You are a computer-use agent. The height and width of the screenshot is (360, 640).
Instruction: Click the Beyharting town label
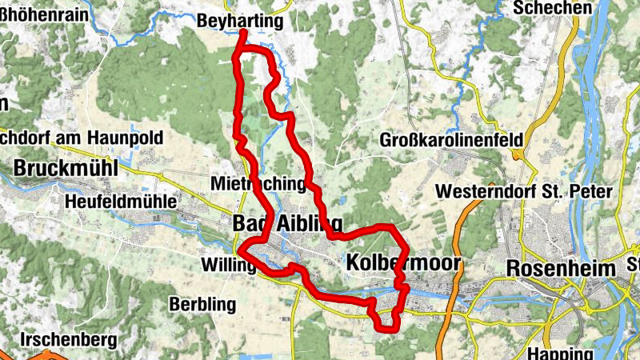(240, 22)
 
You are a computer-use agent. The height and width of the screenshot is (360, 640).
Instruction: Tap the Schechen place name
(554, 8)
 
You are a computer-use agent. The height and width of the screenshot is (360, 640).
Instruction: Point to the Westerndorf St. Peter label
(523, 192)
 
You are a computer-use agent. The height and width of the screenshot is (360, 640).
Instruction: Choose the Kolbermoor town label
(403, 263)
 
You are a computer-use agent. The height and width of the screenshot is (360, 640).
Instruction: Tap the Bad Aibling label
(287, 223)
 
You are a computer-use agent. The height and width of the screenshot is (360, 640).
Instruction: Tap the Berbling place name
(202, 304)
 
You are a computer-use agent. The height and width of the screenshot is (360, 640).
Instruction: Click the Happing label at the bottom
(554, 353)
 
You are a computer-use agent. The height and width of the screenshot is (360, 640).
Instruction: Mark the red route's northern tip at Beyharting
(242, 33)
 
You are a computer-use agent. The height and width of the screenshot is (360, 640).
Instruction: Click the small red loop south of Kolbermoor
(387, 316)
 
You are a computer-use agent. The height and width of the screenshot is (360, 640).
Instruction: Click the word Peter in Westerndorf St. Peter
(590, 192)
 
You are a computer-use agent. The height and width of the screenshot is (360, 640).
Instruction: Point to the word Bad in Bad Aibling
(248, 223)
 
